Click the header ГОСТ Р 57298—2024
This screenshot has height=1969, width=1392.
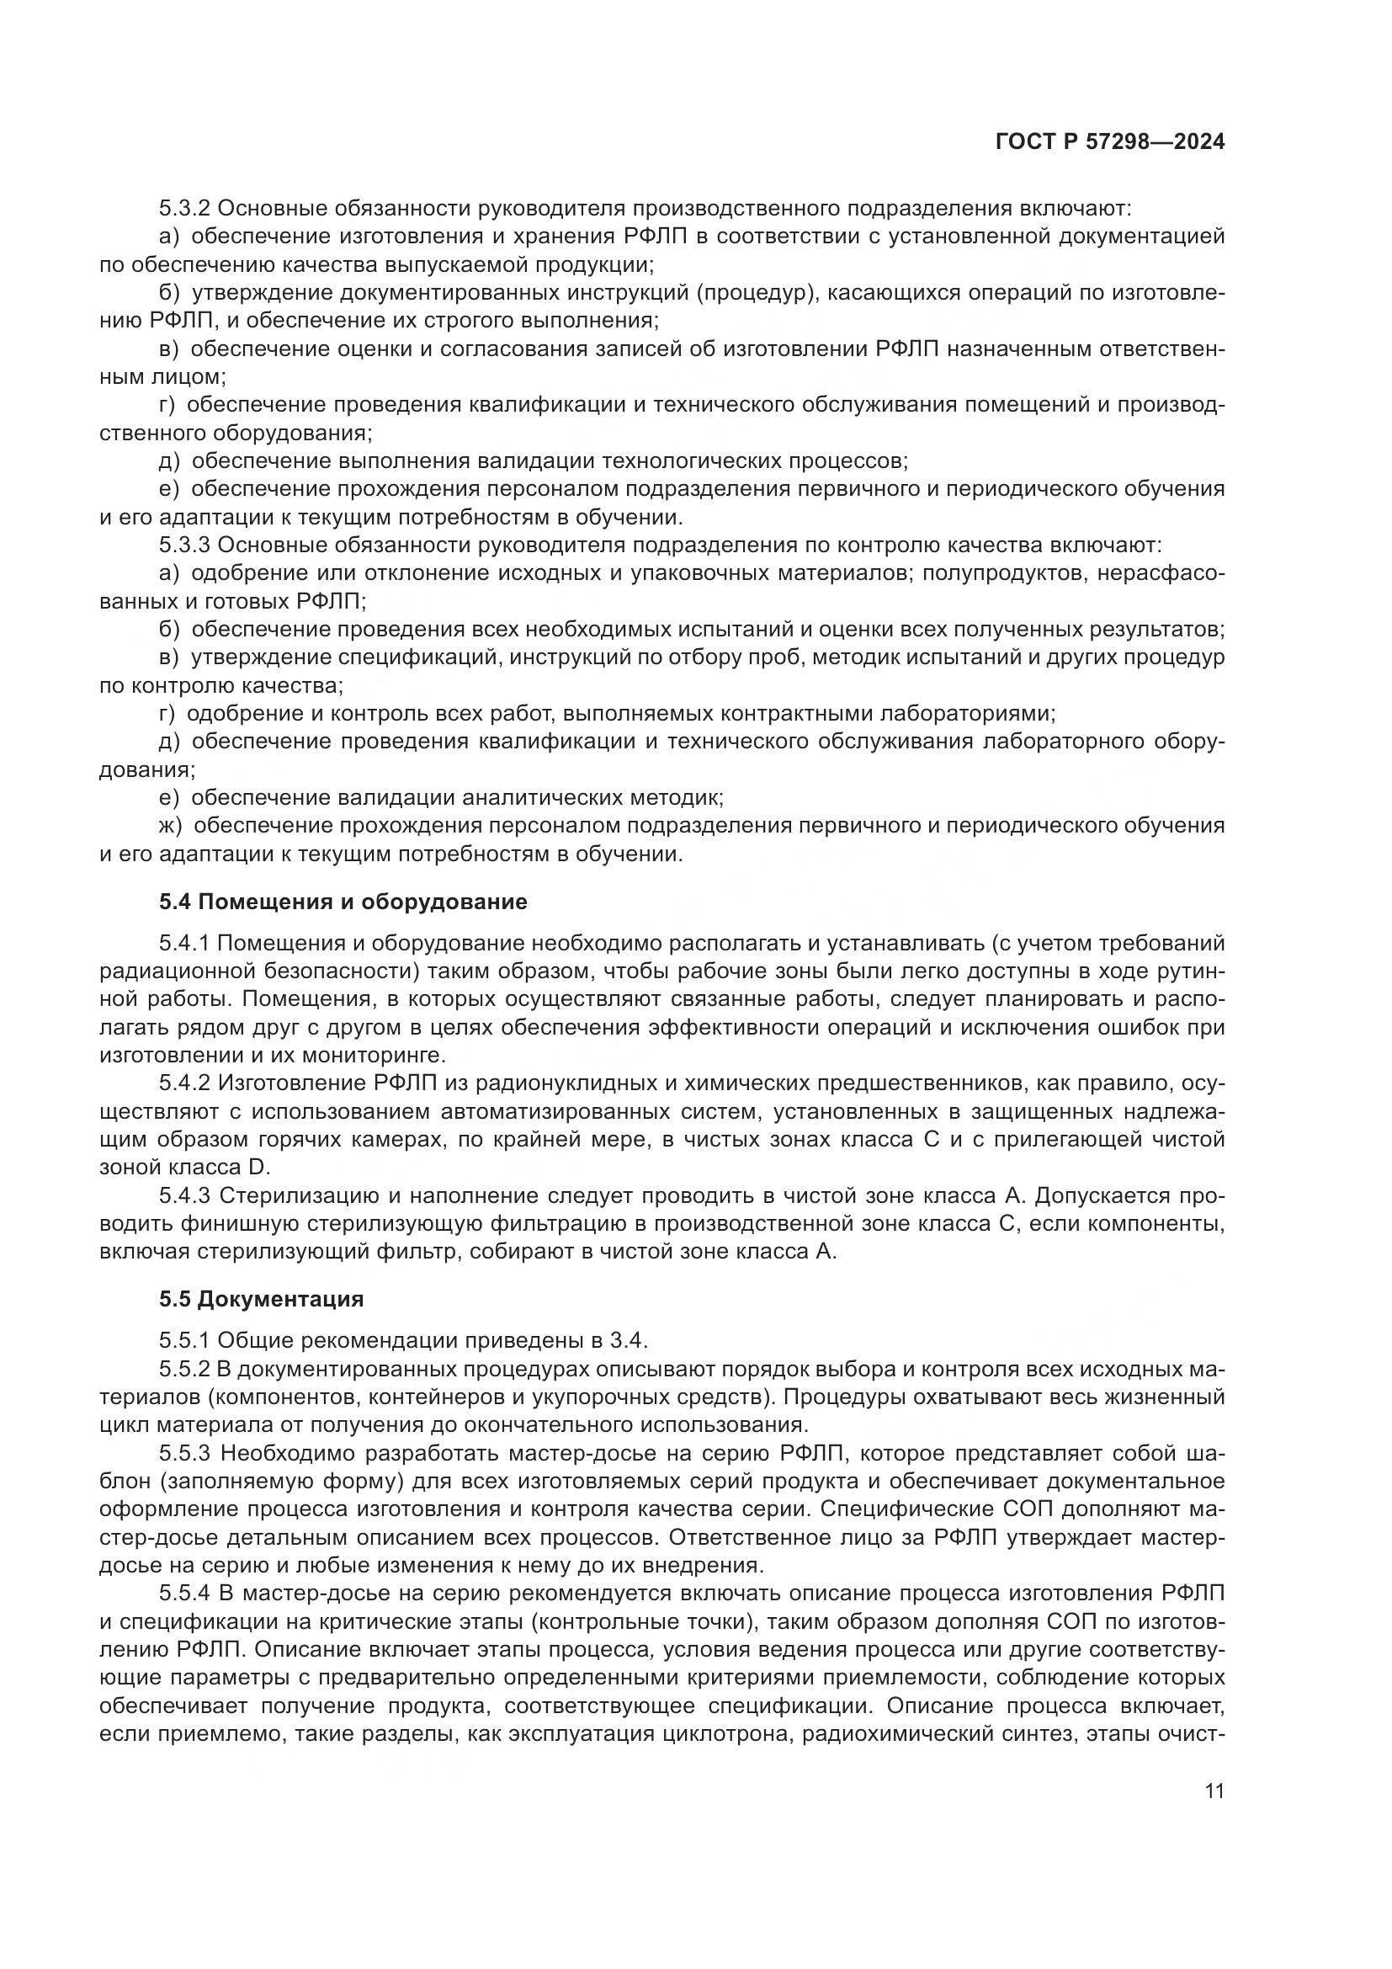tap(1109, 142)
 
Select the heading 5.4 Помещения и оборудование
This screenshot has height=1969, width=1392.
tap(343, 902)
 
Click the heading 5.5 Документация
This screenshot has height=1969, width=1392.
tap(262, 1299)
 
